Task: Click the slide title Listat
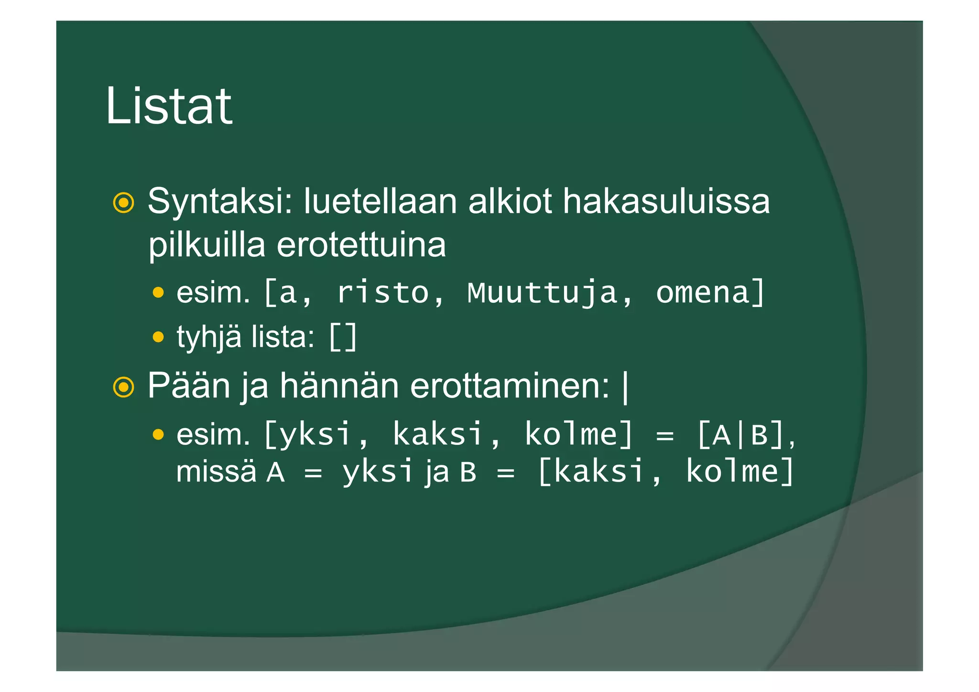(x=168, y=106)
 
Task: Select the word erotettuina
(x=361, y=245)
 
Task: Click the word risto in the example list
(x=383, y=293)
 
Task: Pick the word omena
(x=702, y=293)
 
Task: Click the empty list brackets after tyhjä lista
(x=343, y=337)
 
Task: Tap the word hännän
(x=339, y=385)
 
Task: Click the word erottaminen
(x=510, y=385)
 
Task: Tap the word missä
(x=216, y=472)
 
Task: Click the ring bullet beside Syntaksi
(x=123, y=203)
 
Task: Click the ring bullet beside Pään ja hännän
(x=123, y=387)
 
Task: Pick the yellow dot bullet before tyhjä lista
(x=158, y=338)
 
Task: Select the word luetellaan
(x=381, y=201)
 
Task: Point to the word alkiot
(x=510, y=201)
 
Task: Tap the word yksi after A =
(x=377, y=472)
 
